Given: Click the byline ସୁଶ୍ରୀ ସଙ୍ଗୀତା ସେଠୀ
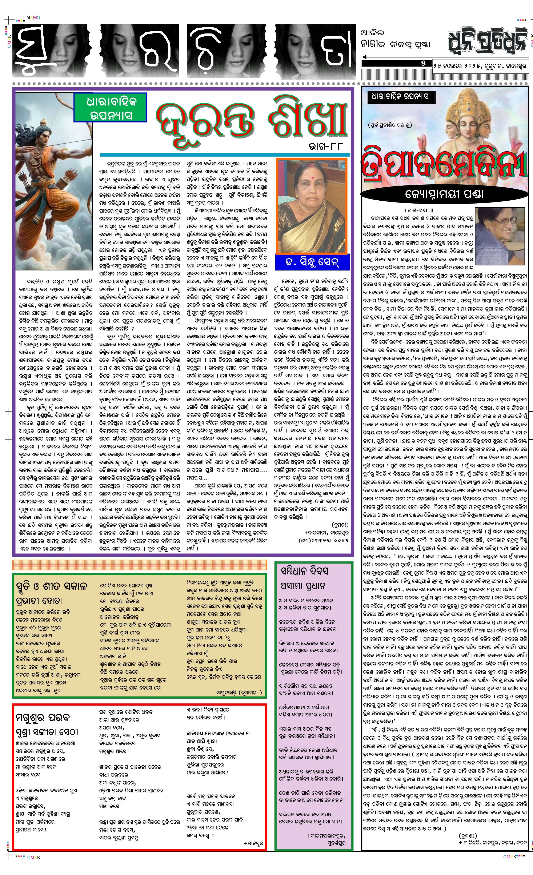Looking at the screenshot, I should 47,732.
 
